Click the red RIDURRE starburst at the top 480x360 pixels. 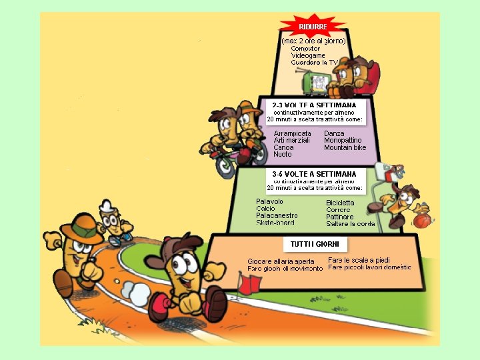[x=313, y=27]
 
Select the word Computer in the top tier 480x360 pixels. [x=306, y=48]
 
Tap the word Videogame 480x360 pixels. [x=308, y=55]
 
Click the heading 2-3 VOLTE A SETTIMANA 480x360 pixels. [x=314, y=105]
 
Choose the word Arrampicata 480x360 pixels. [x=292, y=133]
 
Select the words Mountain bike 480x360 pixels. [x=345, y=147]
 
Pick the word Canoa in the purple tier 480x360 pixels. [x=283, y=147]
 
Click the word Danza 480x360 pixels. [x=334, y=133]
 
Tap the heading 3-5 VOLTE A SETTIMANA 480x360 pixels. [x=314, y=174]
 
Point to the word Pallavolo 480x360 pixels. [x=269, y=201]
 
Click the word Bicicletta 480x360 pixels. [x=340, y=203]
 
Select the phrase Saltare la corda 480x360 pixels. [x=350, y=224]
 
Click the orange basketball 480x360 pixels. [x=422, y=220]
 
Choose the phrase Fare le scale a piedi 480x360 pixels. [x=359, y=260]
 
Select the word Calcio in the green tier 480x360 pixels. [x=265, y=209]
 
